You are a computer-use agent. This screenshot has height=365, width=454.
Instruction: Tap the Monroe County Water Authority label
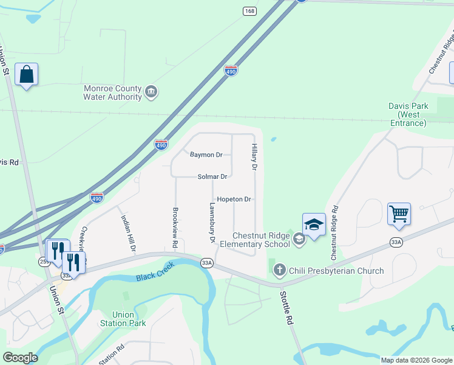pyautogui.click(x=112, y=92)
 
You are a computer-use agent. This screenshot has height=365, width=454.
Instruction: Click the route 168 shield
pyautogui.click(x=249, y=12)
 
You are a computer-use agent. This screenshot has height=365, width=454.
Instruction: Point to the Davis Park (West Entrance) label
pyautogui.click(x=408, y=114)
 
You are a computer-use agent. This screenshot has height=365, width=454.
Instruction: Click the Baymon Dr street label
pyautogui.click(x=206, y=155)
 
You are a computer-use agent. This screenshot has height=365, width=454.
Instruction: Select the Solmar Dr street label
pyautogui.click(x=212, y=176)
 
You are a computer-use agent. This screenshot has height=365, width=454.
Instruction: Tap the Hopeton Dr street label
pyautogui.click(x=234, y=199)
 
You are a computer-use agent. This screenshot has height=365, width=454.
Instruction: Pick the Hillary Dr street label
pyautogui.click(x=255, y=157)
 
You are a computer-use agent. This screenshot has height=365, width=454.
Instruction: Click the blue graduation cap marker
pyautogui.click(x=314, y=225)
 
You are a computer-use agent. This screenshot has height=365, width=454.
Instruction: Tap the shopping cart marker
pyautogui.click(x=399, y=214)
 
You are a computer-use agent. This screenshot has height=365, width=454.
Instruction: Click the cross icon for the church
pyautogui.click(x=280, y=270)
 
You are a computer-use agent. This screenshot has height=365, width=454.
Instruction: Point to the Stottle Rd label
pyautogui.click(x=286, y=307)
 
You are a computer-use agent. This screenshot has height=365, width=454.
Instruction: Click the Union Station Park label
pyautogui.click(x=123, y=319)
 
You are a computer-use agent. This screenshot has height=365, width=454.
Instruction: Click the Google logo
pyautogui.click(x=20, y=358)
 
